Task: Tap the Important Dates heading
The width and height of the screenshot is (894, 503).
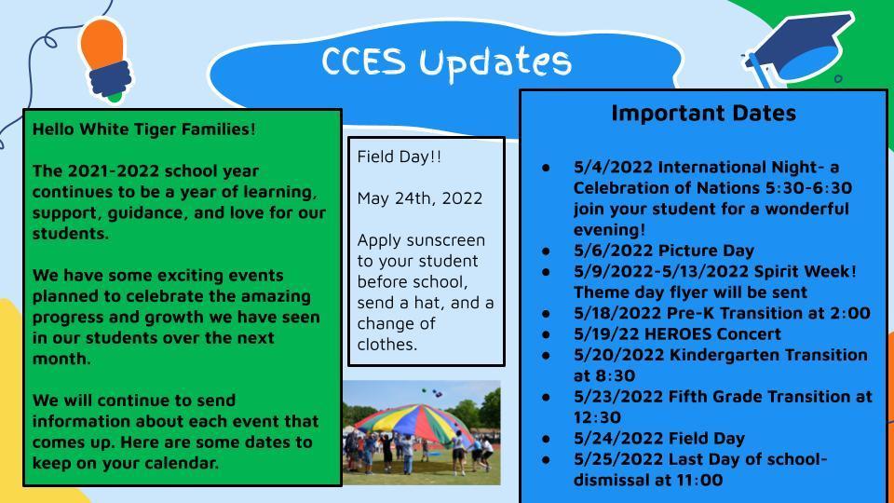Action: [704, 113]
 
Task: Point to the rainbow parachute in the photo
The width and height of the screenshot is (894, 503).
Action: [417, 423]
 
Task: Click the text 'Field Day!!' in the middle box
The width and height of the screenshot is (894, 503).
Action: [400, 156]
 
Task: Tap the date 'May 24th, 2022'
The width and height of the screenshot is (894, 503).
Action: [420, 198]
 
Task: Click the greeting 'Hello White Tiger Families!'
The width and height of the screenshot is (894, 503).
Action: [144, 129]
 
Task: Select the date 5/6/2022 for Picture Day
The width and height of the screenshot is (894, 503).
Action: [613, 251]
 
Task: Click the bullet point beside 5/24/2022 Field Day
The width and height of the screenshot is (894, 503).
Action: [547, 439]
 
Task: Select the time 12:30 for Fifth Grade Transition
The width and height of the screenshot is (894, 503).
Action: [597, 417]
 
